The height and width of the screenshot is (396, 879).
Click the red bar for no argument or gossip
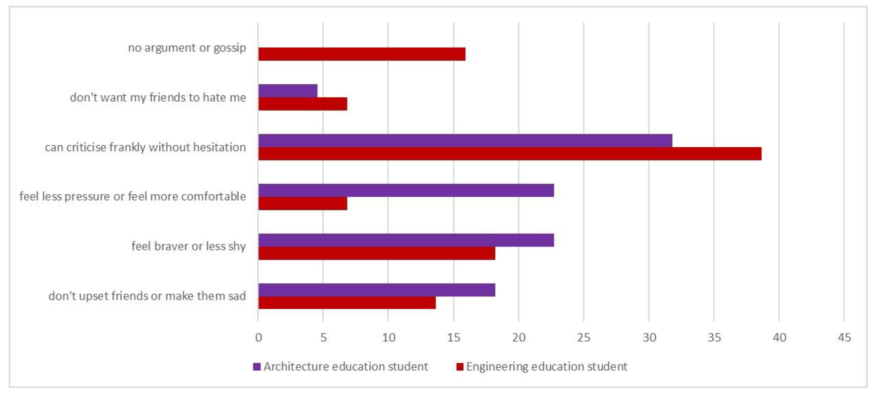pyautogui.click(x=362, y=54)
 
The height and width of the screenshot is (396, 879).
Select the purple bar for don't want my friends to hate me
pyautogui.click(x=288, y=91)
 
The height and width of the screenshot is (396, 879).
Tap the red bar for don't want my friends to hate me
pyautogui.click(x=303, y=104)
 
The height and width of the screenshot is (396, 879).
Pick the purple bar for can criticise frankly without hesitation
pyautogui.click(x=465, y=141)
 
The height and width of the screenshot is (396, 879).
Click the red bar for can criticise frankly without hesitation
pyautogui.click(x=510, y=154)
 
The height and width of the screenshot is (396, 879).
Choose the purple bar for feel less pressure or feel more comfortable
pyautogui.click(x=406, y=190)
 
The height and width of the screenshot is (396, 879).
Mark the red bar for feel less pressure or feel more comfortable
pyautogui.click(x=303, y=204)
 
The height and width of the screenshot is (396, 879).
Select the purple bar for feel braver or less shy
pyautogui.click(x=406, y=240)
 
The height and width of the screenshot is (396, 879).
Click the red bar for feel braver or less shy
pyautogui.click(x=377, y=253)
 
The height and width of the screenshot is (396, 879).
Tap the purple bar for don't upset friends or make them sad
pyautogui.click(x=377, y=290)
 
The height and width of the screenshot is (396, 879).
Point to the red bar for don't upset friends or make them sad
pyautogui.click(x=347, y=303)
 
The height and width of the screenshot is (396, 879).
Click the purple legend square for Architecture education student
pyautogui.click(x=257, y=367)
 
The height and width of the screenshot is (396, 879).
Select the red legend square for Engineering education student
pyautogui.click(x=460, y=367)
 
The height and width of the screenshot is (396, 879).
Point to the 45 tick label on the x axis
pyautogui.click(x=844, y=338)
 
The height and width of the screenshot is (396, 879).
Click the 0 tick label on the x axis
pyautogui.click(x=259, y=338)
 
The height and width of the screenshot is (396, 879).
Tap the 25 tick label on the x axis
pyautogui.click(x=583, y=338)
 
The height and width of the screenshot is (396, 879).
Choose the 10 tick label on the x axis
pyautogui.click(x=388, y=338)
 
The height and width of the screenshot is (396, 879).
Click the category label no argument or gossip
pyautogui.click(x=187, y=48)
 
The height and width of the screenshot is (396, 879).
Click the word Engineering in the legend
pyautogui.click(x=497, y=367)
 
